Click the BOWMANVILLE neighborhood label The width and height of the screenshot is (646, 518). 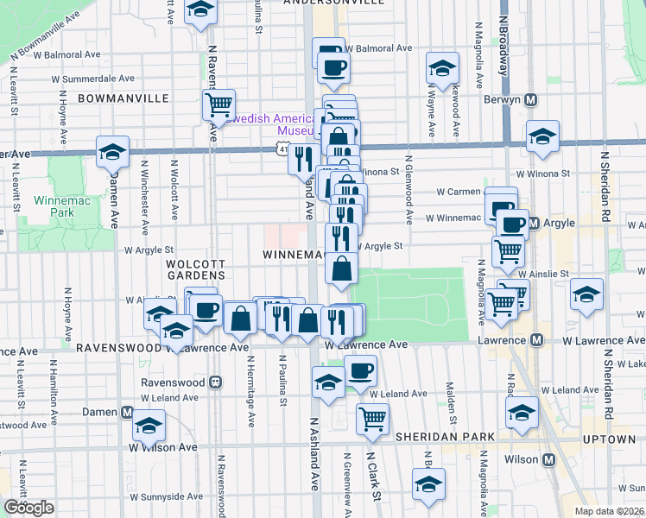(123, 98)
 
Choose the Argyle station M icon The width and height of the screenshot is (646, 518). (534, 224)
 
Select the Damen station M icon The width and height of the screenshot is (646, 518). (128, 412)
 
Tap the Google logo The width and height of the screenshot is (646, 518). (28, 507)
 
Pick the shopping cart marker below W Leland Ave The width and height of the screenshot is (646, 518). (372, 419)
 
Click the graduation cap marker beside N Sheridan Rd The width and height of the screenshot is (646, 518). (586, 295)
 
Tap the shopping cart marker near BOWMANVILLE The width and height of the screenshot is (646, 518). (218, 105)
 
